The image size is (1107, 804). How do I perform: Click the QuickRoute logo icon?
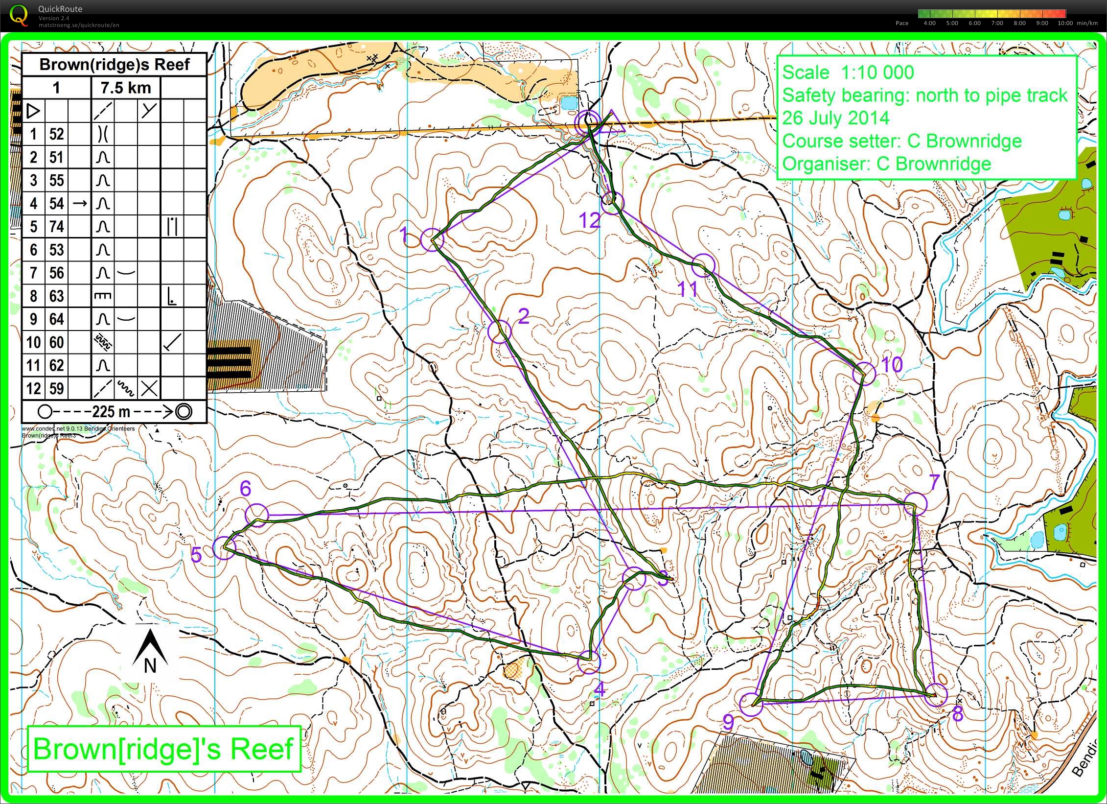[x=19, y=15]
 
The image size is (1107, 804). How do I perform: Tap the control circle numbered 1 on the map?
[x=432, y=240]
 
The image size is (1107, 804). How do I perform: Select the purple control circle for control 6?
[x=257, y=515]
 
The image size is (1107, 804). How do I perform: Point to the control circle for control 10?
[x=864, y=374]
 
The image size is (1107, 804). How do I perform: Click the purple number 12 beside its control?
[x=589, y=221]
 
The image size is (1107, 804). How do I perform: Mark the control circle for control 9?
[x=751, y=705]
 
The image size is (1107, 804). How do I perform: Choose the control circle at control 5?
[x=224, y=547]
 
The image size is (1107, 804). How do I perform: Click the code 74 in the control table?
[x=56, y=227]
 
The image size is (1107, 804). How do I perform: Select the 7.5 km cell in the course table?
[x=126, y=88]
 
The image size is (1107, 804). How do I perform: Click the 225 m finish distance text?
[x=111, y=412]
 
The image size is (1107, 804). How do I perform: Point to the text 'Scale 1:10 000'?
[x=848, y=73]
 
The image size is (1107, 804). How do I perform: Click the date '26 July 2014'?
[x=835, y=118]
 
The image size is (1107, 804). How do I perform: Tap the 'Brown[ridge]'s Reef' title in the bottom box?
[x=163, y=749]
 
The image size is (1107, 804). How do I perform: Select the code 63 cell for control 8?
[x=56, y=296]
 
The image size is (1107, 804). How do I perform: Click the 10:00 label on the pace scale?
[x=1065, y=23]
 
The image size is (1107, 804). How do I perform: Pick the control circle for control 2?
[x=500, y=331]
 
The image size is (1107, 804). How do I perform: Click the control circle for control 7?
[x=915, y=504]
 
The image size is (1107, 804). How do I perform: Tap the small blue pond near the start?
[x=568, y=103]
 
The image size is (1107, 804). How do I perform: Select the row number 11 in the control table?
[x=33, y=366]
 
